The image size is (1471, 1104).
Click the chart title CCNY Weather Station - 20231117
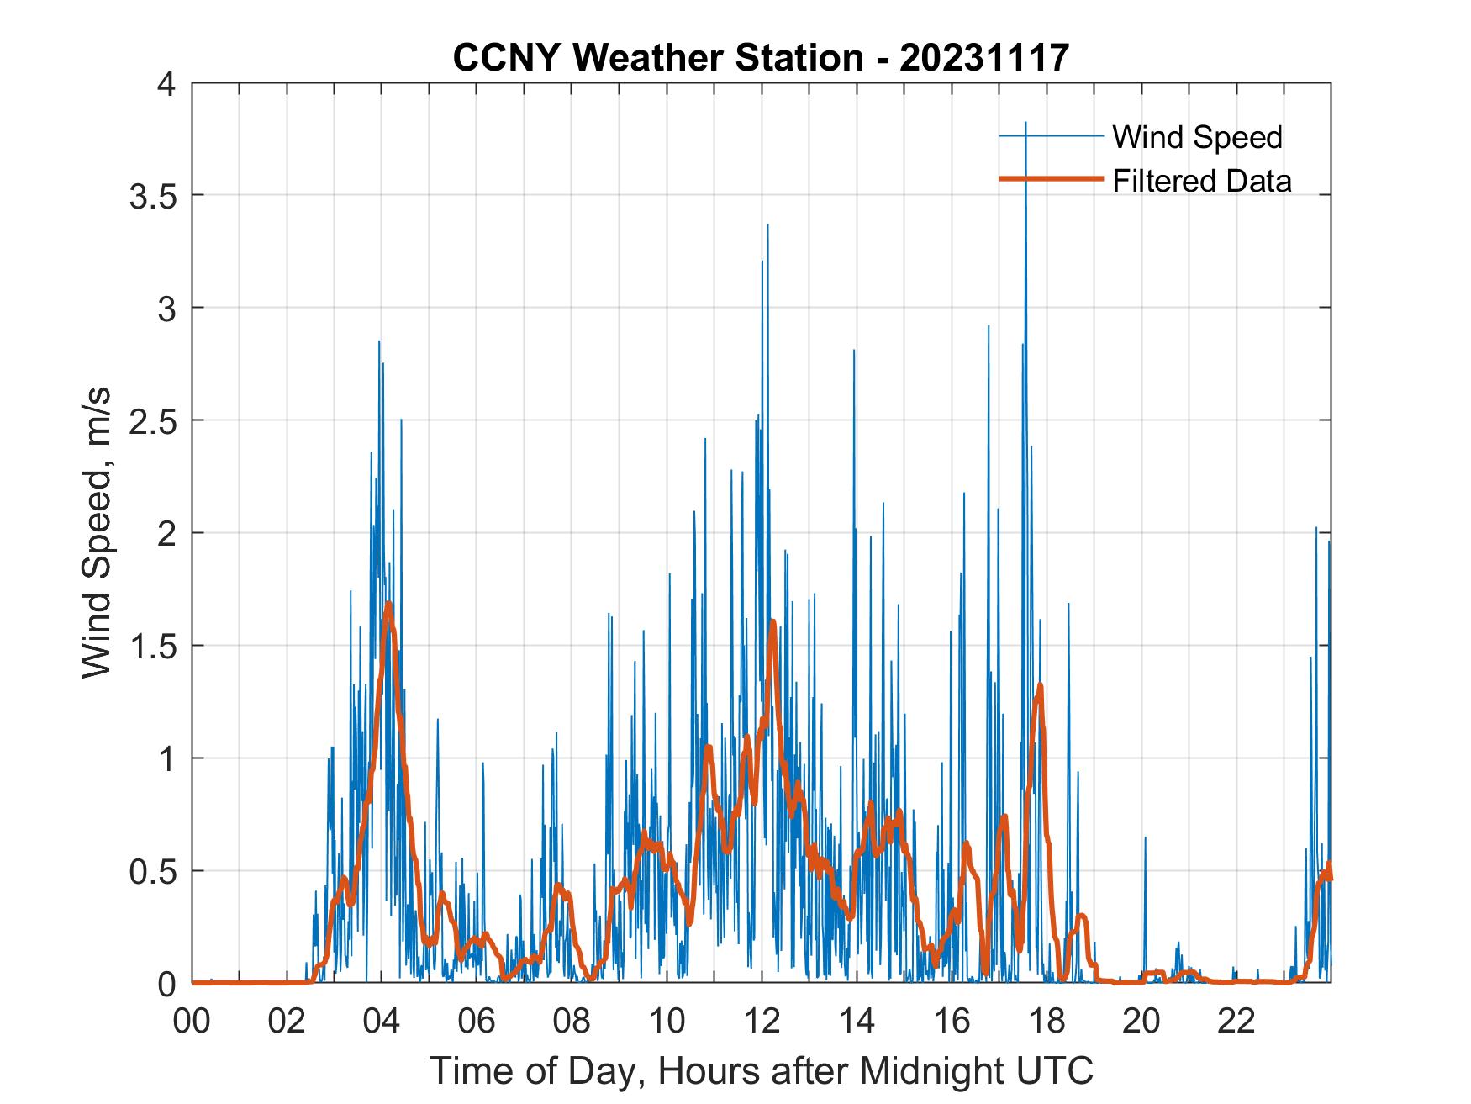[761, 58]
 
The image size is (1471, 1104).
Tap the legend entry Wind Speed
[1197, 137]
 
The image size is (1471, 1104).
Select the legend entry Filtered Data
[1201, 181]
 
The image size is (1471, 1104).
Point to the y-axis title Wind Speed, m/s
[97, 533]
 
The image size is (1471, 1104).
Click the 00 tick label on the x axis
[192, 1022]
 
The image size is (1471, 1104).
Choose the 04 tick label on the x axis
[382, 1022]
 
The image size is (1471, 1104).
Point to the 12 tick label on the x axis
[762, 1022]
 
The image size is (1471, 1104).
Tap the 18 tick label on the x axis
[1047, 1022]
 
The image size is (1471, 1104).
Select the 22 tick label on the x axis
[1236, 1022]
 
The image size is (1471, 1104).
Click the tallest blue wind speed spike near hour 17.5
[1025, 124]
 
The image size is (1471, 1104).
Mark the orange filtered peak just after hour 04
[388, 605]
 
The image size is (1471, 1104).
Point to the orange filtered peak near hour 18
[1041, 686]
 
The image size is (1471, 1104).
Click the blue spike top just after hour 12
[767, 225]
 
